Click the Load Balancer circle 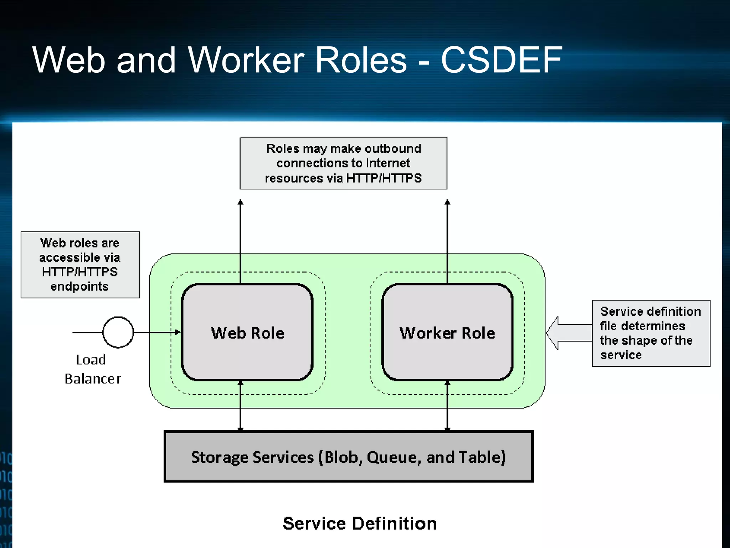(118, 332)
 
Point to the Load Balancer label (92, 369)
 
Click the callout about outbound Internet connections (343, 163)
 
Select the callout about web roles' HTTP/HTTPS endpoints (80, 264)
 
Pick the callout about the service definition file (651, 333)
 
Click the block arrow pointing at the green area (568, 333)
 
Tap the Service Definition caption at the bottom (360, 523)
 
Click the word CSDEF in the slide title (501, 60)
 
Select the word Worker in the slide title (246, 60)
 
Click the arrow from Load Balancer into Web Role (157, 332)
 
